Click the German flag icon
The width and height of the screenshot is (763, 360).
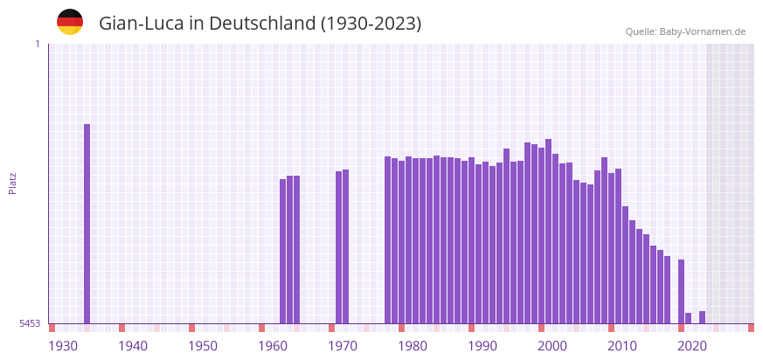[70, 22]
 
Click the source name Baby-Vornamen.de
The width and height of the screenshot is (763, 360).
[703, 31]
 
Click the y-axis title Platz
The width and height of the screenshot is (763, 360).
[12, 183]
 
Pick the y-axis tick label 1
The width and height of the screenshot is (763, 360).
[37, 44]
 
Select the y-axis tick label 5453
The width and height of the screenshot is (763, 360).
[30, 323]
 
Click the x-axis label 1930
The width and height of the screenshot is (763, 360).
[63, 346]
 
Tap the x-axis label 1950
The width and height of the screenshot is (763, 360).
[203, 346]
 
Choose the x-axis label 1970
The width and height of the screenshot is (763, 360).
[343, 346]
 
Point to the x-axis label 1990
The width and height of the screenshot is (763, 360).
[482, 346]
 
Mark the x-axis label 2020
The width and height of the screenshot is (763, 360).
[692, 346]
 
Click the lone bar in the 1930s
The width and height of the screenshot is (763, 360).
[87, 224]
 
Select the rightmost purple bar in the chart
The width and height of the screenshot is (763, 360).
[702, 317]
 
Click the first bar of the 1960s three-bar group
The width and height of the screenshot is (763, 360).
[282, 251]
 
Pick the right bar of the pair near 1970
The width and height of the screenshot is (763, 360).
[345, 246]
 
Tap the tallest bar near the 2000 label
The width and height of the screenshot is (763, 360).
[548, 231]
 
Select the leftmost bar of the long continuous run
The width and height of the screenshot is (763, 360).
[387, 239]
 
